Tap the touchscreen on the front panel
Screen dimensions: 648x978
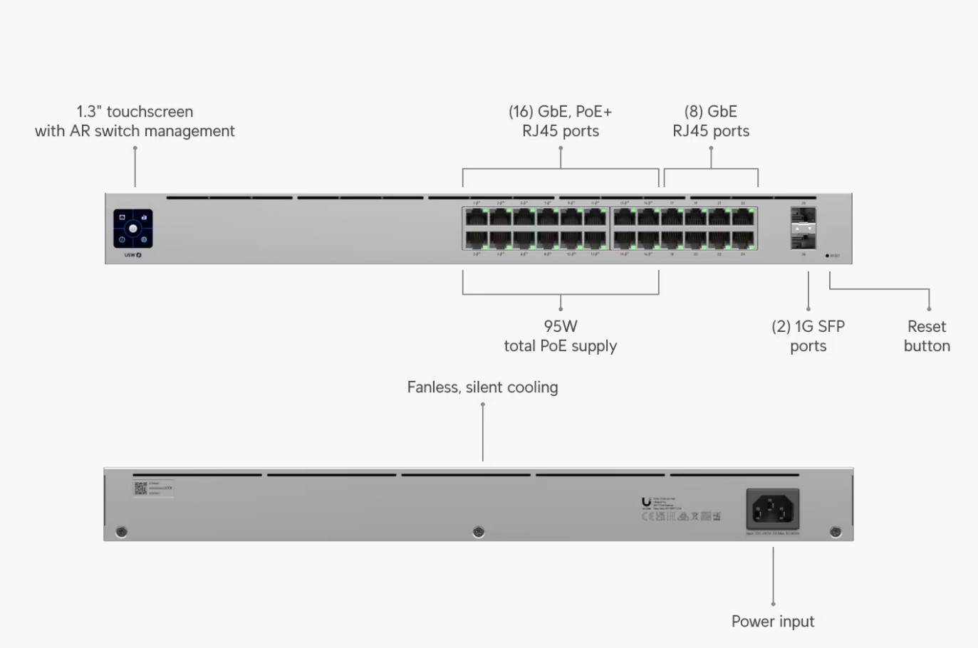133,229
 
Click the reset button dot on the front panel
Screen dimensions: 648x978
827,256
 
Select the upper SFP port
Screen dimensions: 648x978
803,216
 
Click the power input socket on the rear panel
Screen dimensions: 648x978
773,509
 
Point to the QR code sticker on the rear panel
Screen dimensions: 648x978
140,488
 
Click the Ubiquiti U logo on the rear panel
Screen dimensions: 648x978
646,502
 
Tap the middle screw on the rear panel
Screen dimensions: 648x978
479,532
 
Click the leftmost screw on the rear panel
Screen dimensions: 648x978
122,532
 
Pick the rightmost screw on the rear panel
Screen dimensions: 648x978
836,532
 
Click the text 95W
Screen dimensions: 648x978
561,326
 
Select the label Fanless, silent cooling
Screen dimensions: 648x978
482,387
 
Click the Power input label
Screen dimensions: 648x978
773,622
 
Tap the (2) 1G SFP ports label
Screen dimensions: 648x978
808,336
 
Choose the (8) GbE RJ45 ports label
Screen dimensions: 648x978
711,121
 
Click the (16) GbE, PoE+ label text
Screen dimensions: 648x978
561,112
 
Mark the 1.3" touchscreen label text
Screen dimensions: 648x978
135,112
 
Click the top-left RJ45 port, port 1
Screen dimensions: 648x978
477,217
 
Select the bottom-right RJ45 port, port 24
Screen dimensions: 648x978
743,240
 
